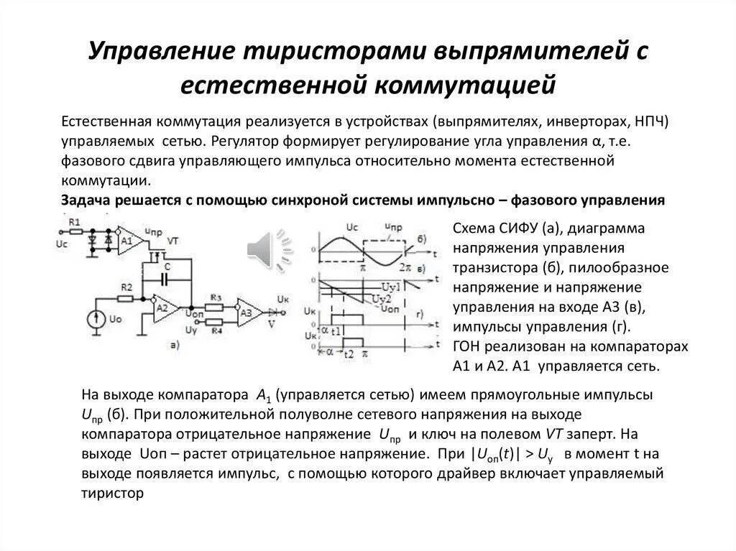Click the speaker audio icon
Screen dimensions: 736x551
click(x=270, y=251)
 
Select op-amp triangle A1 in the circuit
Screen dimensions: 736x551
click(x=127, y=240)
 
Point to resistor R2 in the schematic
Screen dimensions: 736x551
click(x=126, y=297)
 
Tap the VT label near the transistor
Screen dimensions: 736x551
click(x=172, y=241)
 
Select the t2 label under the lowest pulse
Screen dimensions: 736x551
click(x=349, y=354)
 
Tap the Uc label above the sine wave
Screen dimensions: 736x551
click(x=351, y=228)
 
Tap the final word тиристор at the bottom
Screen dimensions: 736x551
click(x=114, y=494)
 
